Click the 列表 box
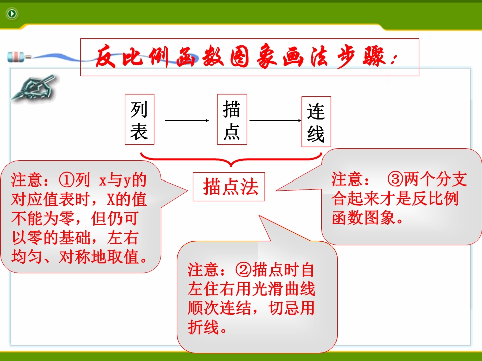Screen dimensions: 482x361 click(x=139, y=119)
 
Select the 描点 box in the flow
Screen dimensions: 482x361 click(x=232, y=119)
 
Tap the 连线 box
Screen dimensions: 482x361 click(x=316, y=121)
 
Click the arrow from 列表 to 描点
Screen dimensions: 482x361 click(x=187, y=120)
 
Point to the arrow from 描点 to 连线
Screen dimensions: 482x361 click(x=275, y=120)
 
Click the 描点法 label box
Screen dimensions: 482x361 click(x=229, y=187)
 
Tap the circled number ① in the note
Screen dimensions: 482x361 click(x=66, y=180)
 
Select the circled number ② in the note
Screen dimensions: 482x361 click(x=244, y=270)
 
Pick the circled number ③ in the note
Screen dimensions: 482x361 click(x=395, y=179)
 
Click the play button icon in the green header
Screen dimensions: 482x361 click(x=12, y=13)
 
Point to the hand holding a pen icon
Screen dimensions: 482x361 click(x=33, y=87)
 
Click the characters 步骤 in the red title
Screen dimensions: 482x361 click(x=361, y=57)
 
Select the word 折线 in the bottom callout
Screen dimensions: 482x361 click(x=203, y=327)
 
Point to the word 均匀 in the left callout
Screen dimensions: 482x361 click(x=27, y=257)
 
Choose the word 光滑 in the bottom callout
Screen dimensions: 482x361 click(x=268, y=289)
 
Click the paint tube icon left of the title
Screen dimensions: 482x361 click(x=19, y=57)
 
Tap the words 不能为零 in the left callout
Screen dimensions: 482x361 click(x=43, y=219)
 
